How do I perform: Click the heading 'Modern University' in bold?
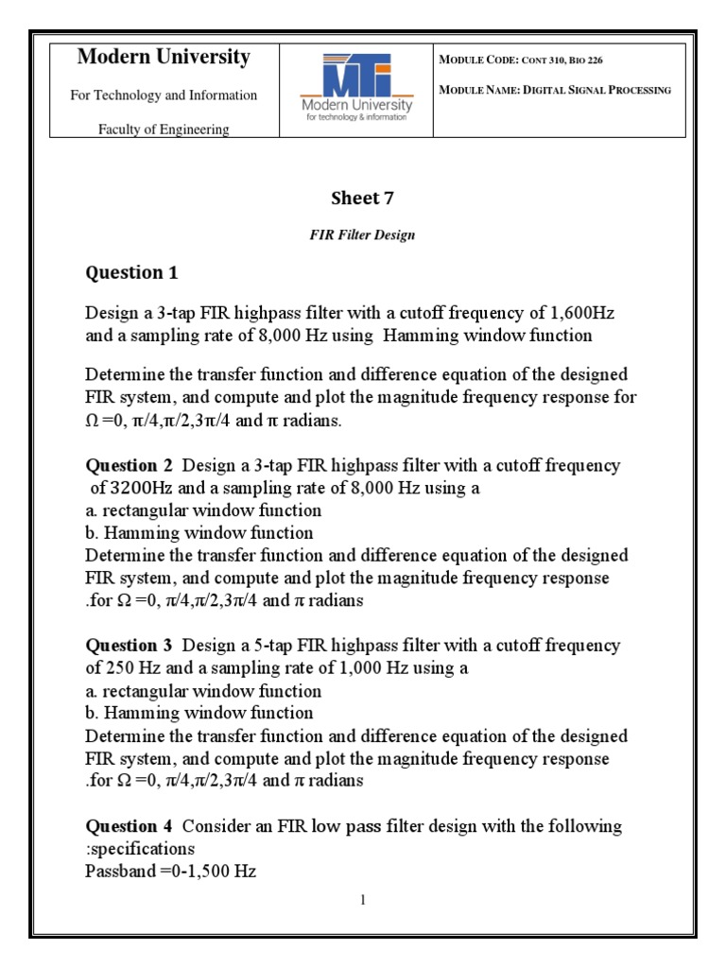164,57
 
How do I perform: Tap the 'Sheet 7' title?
362,198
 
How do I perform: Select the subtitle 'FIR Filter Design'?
362,235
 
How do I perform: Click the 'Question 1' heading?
131,273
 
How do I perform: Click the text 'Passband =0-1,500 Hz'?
170,872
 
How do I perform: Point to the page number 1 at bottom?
362,900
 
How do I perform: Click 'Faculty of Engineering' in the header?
164,130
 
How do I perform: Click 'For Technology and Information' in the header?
164,95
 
